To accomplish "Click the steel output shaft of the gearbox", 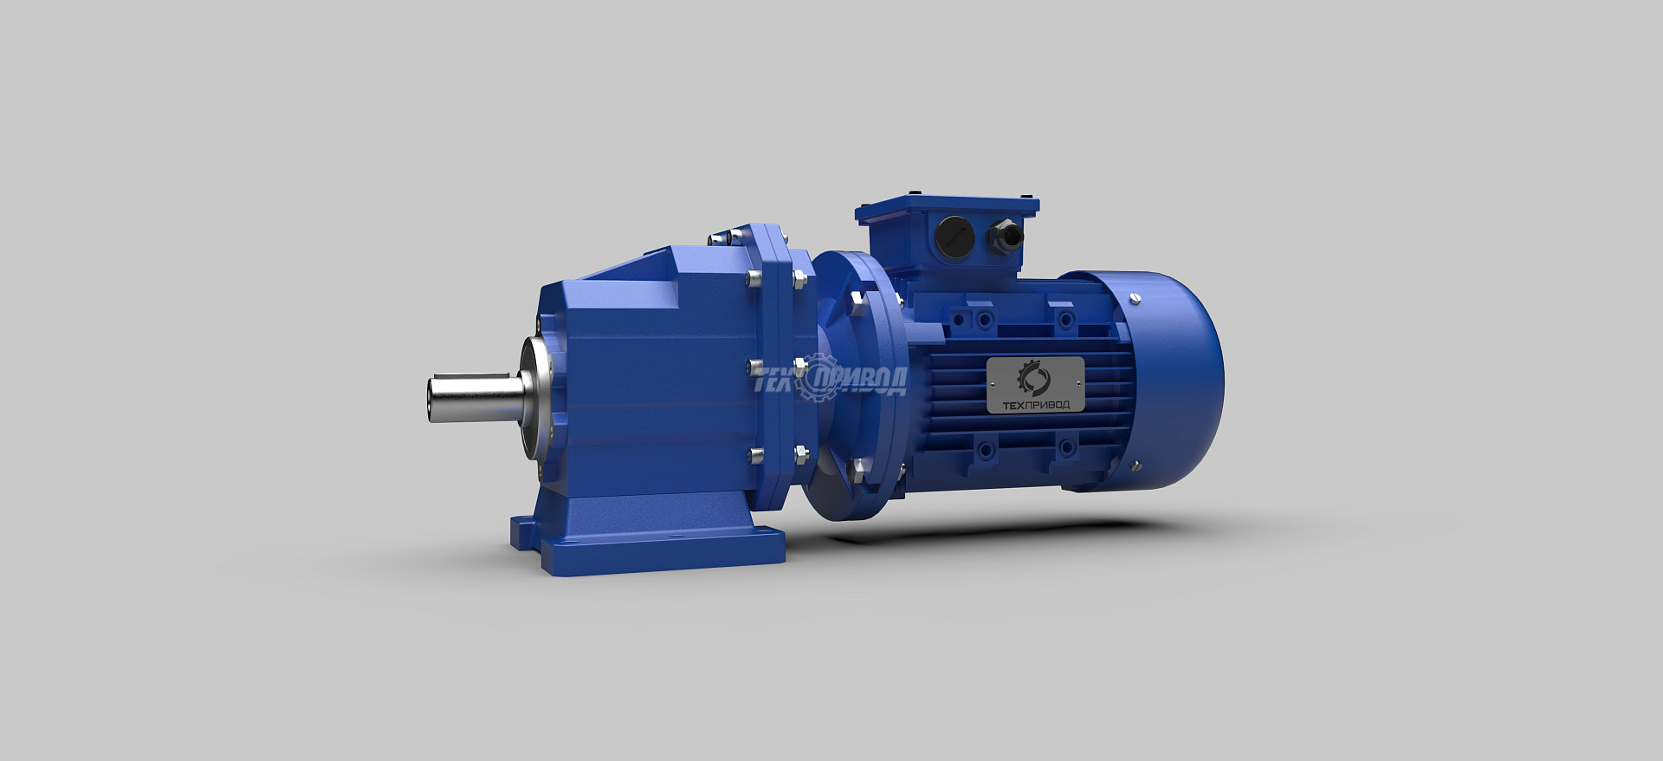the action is pyautogui.click(x=476, y=399).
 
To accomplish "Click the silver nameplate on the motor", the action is pyautogui.click(x=1036, y=384).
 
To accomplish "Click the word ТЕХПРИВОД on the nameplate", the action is pyautogui.click(x=1036, y=405).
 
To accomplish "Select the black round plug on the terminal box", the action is pyautogui.click(x=955, y=237).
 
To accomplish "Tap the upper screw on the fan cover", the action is pyautogui.click(x=1136, y=299).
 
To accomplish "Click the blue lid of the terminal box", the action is pyautogui.click(x=947, y=208).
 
